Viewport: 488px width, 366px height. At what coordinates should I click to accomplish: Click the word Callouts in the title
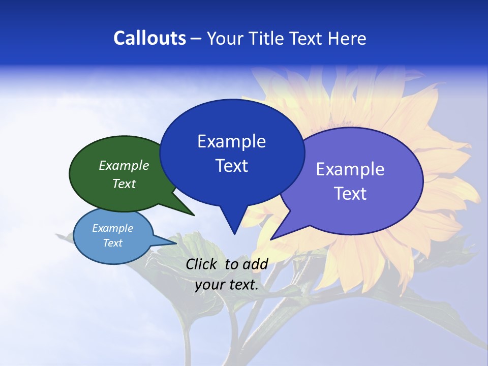pos(149,39)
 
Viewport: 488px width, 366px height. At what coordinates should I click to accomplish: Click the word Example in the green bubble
pos(124,166)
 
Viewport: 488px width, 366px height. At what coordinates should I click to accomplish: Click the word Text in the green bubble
pos(124,184)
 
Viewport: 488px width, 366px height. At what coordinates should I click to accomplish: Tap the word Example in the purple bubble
pos(350,169)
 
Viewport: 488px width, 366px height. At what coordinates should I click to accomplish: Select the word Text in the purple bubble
pos(350,194)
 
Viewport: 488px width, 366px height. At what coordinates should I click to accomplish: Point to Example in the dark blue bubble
pos(231,141)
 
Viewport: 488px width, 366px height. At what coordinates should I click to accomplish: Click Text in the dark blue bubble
pos(231,166)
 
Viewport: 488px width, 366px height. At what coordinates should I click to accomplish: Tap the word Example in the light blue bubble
pos(112,228)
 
